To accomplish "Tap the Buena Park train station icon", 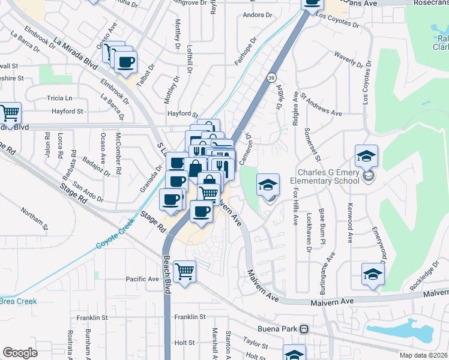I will pos(304,329).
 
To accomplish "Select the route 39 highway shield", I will pos(272,78).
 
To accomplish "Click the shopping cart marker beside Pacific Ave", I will pos(185,271).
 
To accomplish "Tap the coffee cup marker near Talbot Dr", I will pos(125,62).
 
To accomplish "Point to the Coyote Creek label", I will pos(113,239).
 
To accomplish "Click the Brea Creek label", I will pos(18,302).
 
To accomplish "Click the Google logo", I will pos(20,352).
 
